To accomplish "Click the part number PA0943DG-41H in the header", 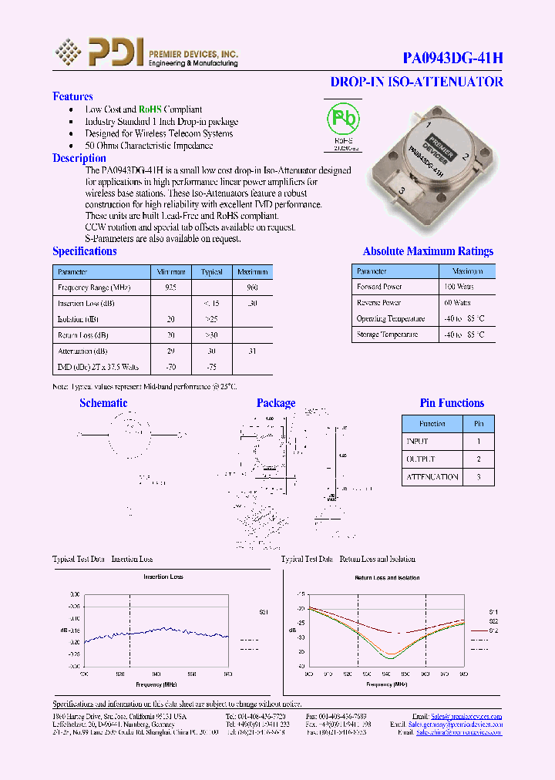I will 453,58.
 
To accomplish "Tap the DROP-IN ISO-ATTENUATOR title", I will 416,82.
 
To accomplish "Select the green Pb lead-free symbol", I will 343,119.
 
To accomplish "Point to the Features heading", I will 72,96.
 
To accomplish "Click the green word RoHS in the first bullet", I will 150,109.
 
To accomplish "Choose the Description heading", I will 79,158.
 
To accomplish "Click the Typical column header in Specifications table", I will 212,272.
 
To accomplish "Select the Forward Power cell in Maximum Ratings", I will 379,287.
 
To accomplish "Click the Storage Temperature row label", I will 387,335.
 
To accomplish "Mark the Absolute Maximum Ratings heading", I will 428,251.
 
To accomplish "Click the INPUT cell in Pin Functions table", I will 417,442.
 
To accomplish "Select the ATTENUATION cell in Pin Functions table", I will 432,477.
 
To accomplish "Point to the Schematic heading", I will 103,403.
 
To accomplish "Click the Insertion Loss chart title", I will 163,577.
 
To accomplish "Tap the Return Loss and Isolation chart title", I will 386,577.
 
